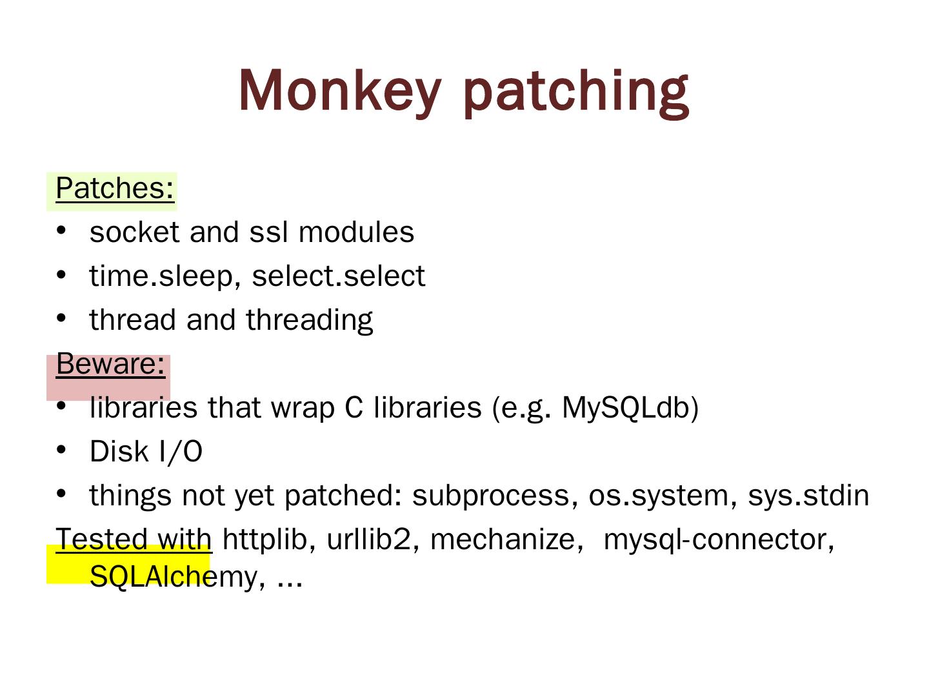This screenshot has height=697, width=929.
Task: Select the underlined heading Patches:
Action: pyautogui.click(x=115, y=188)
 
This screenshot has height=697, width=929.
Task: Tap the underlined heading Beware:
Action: pyautogui.click(x=110, y=364)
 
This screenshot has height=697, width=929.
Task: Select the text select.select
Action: pyautogui.click(x=338, y=276)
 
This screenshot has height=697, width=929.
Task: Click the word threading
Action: pyautogui.click(x=309, y=320)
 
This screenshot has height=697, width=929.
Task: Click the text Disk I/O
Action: pyautogui.click(x=146, y=452)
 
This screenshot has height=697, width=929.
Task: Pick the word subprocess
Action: pyautogui.click(x=491, y=496)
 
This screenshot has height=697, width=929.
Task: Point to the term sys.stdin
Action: pyautogui.click(x=808, y=496)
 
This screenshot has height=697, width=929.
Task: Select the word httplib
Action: pyautogui.click(x=265, y=540)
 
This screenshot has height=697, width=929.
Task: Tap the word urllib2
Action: pyautogui.click(x=368, y=540)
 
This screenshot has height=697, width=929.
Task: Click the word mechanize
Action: pyautogui.click(x=503, y=540)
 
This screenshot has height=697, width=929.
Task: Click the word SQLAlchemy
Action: pyautogui.click(x=174, y=576)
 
